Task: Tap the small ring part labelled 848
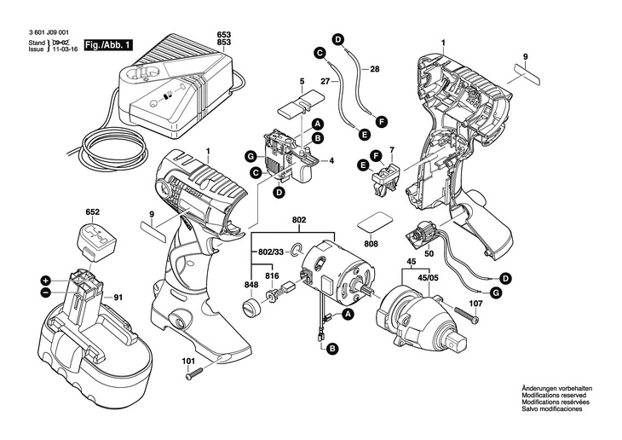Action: tap(251, 305)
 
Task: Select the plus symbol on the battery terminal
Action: tap(45, 279)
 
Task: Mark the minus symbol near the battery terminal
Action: tap(45, 292)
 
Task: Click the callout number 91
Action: tap(118, 298)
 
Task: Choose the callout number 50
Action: tap(429, 253)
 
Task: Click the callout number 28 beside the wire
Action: tap(374, 67)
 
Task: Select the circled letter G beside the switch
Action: tap(251, 156)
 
